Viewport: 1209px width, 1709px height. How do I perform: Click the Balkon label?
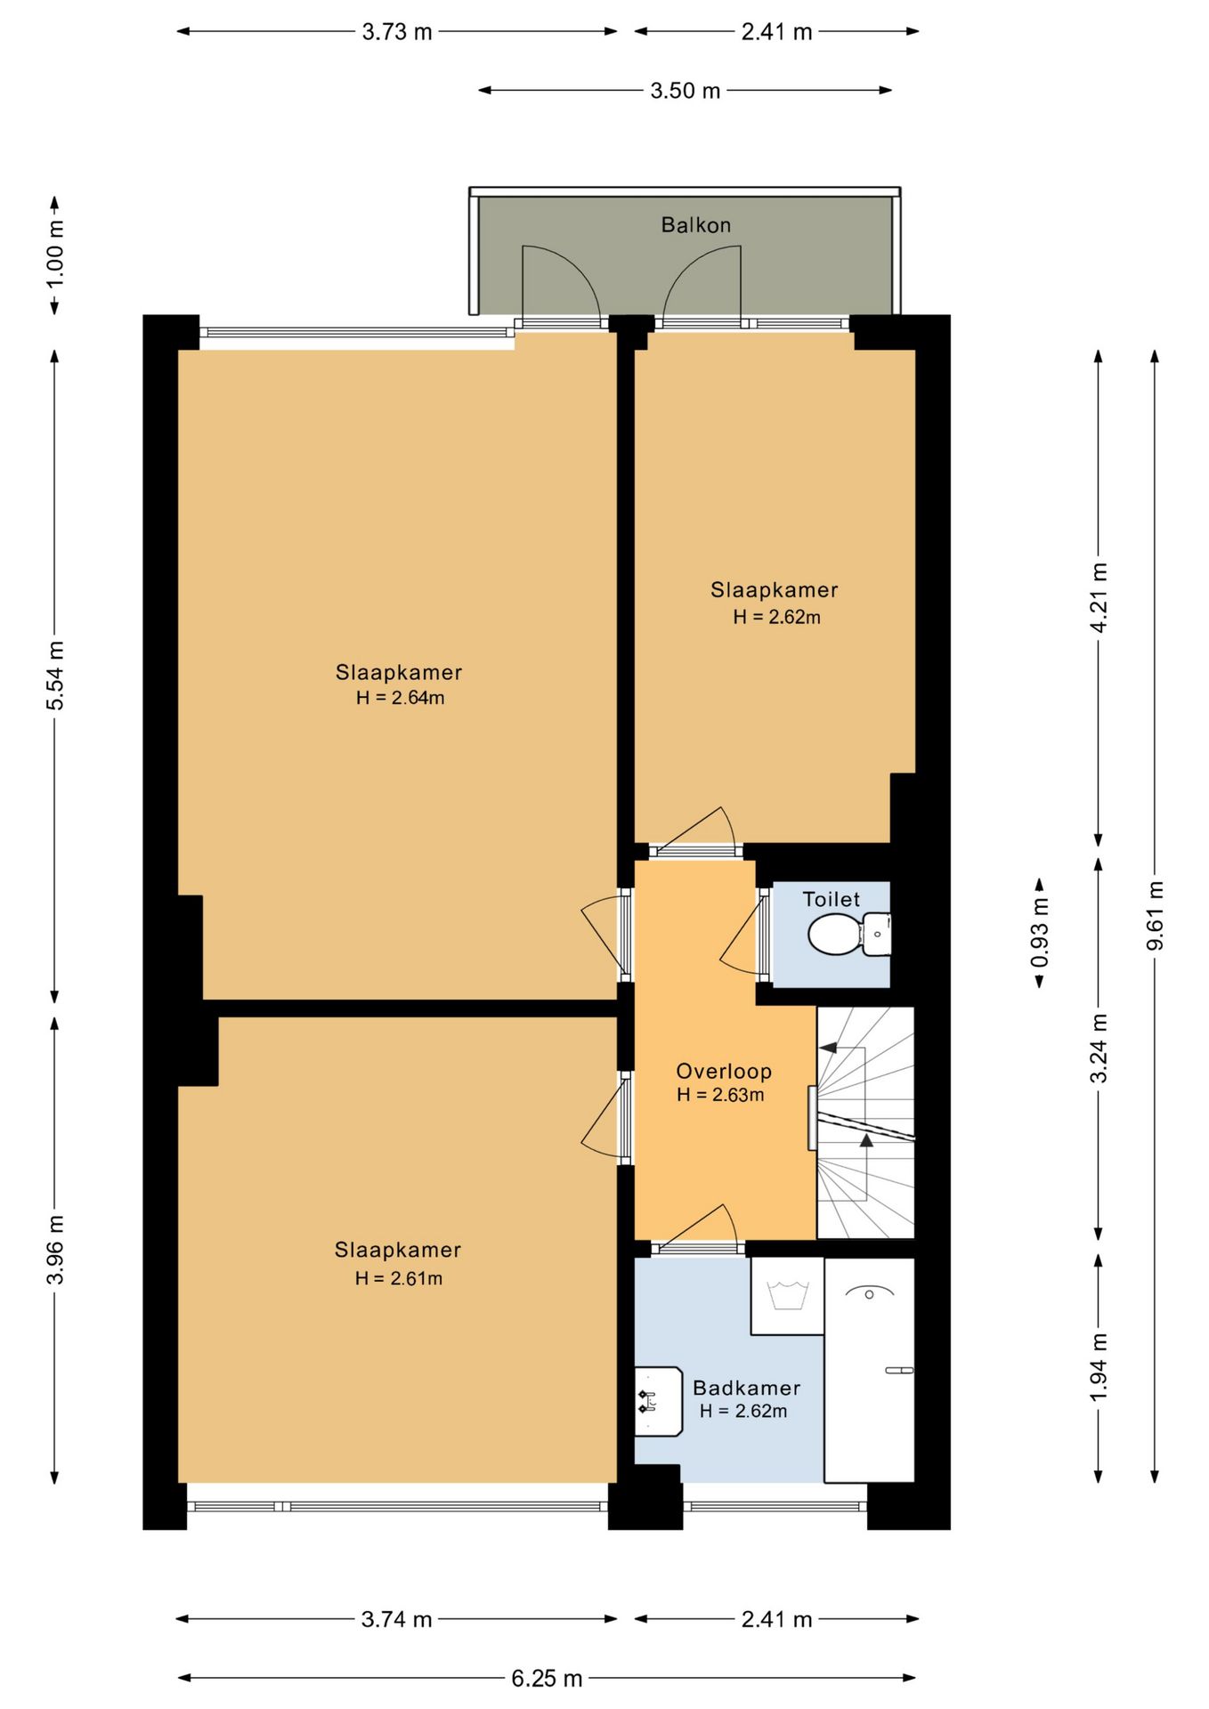coord(695,225)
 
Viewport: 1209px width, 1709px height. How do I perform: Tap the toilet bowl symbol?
coord(849,934)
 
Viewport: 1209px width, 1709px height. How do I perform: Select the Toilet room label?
coord(832,899)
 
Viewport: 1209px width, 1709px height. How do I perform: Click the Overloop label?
coord(723,1071)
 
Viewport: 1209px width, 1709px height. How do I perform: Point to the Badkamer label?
coord(746,1388)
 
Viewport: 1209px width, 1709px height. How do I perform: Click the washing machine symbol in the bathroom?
coord(787,1295)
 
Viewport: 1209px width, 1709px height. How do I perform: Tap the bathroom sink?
coord(658,1401)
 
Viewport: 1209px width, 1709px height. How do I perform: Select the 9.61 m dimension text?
coord(1155,915)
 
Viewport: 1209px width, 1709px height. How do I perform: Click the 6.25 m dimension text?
coord(547,1678)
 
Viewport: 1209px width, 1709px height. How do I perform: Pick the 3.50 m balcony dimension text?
coord(685,91)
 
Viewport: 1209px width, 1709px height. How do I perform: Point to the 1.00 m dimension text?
coord(55,253)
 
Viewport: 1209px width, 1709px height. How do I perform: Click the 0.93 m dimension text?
coord(1039,932)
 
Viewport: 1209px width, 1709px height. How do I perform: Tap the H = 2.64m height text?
coord(400,698)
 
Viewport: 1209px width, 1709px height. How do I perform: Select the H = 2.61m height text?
coord(398,1278)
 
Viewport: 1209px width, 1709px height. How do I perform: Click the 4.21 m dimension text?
coord(1099,597)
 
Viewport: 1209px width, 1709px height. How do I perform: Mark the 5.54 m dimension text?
coord(55,676)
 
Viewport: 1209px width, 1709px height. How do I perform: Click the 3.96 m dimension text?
coord(55,1250)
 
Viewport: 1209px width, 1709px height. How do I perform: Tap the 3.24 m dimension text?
coord(1099,1049)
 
